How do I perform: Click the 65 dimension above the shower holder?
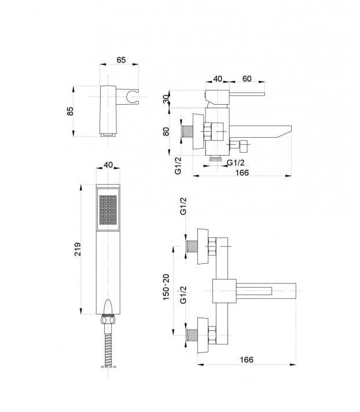121,60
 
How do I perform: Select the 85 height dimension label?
70,111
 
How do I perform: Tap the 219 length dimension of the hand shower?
78,249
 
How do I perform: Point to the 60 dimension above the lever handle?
247,79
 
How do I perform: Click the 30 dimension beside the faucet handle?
166,100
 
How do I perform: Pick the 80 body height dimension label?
166,131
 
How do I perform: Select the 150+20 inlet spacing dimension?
166,287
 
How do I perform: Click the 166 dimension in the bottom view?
247,359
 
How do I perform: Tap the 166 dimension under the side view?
242,172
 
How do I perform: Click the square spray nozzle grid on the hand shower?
108,210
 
